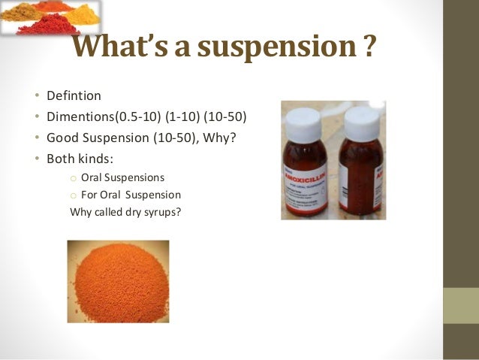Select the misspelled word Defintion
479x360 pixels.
click(73, 97)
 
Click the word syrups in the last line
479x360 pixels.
click(165, 211)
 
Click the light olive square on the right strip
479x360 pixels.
click(461, 305)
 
